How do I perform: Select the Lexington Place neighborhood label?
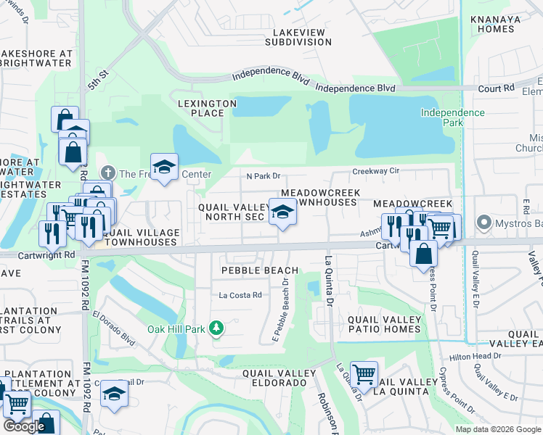tap(208, 108)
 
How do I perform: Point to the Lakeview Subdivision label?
tap(302, 38)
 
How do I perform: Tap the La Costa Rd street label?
tap(240, 295)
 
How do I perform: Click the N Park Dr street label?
tap(263, 175)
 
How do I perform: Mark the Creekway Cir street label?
tap(376, 171)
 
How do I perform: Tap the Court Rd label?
tap(497, 88)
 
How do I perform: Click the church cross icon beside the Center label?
tap(107, 173)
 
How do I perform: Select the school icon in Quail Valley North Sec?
tap(283, 212)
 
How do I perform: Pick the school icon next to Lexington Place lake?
tap(165, 167)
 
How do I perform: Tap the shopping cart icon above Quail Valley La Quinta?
tap(364, 374)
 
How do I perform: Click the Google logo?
tap(24, 426)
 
